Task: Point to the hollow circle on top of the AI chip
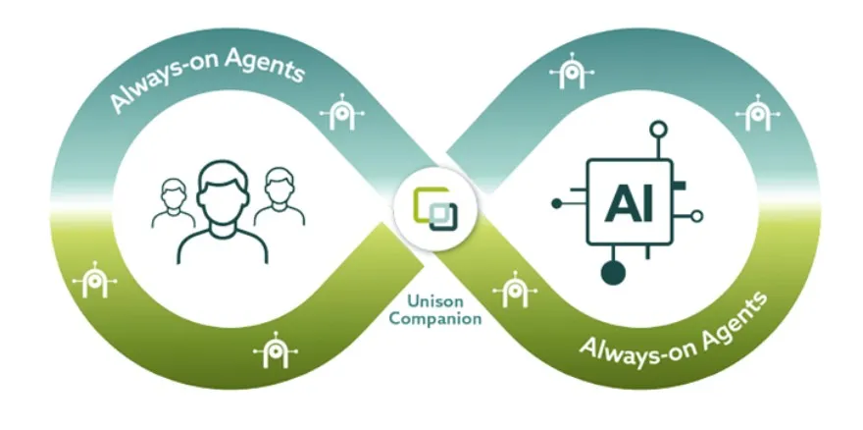pyautogui.click(x=659, y=129)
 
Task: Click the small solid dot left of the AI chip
pyautogui.click(x=556, y=204)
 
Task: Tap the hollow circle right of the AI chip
pyautogui.click(x=697, y=216)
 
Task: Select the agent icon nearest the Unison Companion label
pyautogui.click(x=511, y=291)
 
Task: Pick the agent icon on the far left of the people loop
pyautogui.click(x=94, y=282)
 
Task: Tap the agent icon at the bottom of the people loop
pyautogui.click(x=270, y=350)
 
